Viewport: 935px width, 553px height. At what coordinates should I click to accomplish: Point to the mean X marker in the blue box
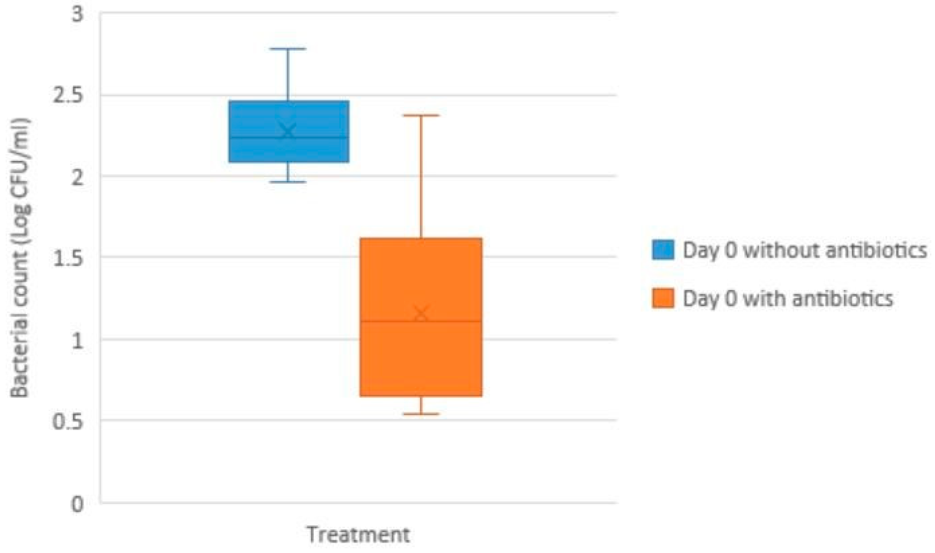(x=288, y=132)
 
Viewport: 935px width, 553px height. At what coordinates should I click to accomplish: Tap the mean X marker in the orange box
(x=421, y=314)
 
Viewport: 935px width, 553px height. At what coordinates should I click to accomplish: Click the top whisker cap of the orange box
(x=421, y=115)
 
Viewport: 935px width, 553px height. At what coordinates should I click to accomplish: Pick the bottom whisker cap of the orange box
(x=421, y=414)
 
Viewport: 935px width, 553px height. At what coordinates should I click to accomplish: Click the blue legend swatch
(x=663, y=250)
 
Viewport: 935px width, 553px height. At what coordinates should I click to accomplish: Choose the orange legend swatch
(x=663, y=298)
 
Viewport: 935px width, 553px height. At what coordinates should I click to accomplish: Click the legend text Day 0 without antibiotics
(x=805, y=250)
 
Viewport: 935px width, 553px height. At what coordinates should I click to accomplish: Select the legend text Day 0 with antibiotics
(x=788, y=298)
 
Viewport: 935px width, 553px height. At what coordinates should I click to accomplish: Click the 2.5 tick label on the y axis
(x=68, y=95)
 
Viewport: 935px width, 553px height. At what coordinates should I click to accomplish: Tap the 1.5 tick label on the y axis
(x=68, y=258)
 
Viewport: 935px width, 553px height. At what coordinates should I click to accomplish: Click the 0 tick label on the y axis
(x=77, y=504)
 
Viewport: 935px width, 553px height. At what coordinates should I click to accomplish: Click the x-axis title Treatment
(x=358, y=534)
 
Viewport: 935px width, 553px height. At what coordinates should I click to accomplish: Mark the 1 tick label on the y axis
(x=77, y=340)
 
